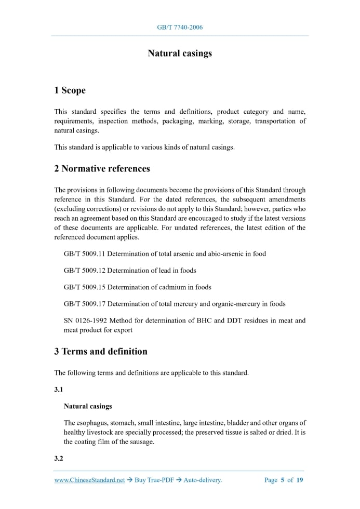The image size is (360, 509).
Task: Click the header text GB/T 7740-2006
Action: [180, 27]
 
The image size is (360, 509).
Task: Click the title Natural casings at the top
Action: [180, 53]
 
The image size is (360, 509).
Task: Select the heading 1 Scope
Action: [70, 90]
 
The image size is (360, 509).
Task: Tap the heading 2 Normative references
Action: [102, 169]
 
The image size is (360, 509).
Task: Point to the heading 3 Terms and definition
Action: [100, 352]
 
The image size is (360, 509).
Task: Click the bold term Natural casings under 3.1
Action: [88, 406]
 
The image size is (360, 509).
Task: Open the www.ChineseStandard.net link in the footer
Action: [89, 480]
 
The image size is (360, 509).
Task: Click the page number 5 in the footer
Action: [283, 480]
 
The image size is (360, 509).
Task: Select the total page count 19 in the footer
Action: [300, 480]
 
